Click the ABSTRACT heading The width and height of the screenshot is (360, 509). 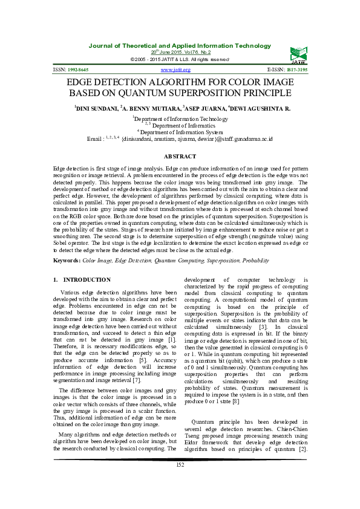coord(180,157)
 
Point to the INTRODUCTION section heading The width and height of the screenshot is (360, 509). coord(87,280)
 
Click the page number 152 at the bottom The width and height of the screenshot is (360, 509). coord(180,481)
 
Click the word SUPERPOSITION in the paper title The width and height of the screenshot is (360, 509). coord(211,94)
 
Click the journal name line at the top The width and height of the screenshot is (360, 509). coord(180,46)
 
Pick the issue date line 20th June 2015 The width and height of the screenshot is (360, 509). coord(180,52)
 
